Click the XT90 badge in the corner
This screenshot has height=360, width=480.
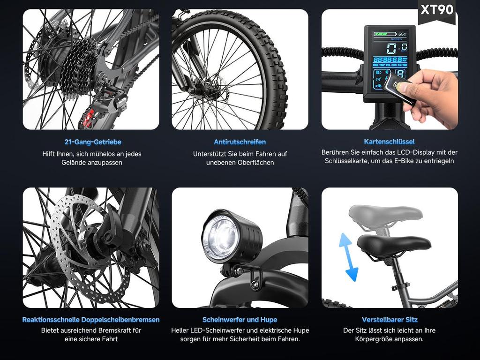click(437, 10)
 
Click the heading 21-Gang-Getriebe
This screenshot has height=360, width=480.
click(93, 142)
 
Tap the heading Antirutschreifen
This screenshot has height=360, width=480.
click(240, 142)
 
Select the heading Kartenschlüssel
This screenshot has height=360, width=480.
click(389, 142)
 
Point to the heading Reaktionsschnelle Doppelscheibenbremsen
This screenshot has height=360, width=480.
click(91, 320)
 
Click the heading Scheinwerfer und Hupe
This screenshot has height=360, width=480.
click(240, 320)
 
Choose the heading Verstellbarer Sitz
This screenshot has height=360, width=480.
click(390, 320)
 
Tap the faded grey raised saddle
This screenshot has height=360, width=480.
click(385, 213)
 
